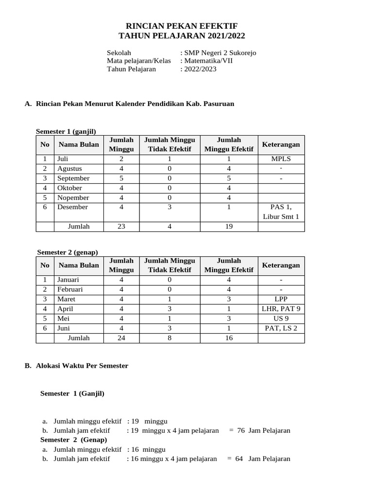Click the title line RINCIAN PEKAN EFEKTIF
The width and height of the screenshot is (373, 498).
point(182,26)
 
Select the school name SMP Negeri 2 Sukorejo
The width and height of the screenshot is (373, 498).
point(220,53)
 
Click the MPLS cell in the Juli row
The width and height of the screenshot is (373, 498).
point(281,159)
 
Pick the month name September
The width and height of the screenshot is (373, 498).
point(73,178)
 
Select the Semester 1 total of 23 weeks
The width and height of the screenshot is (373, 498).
point(121,227)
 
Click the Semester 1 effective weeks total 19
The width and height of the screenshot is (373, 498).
point(229,227)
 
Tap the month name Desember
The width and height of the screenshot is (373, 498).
point(72,207)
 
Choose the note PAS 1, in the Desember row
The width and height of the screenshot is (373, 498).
point(281,207)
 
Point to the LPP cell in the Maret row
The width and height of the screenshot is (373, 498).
point(281,299)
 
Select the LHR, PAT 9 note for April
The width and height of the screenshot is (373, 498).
point(281,309)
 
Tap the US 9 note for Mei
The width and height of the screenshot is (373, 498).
point(281,319)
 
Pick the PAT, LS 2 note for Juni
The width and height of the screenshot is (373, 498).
point(281,328)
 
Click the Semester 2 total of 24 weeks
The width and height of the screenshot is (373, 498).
point(121,338)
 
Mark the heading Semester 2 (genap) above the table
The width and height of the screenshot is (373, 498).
point(68,252)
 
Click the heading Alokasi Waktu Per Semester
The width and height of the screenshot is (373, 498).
point(82,366)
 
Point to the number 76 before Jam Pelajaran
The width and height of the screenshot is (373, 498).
point(241,430)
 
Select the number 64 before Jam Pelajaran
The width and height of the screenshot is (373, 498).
point(238,459)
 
